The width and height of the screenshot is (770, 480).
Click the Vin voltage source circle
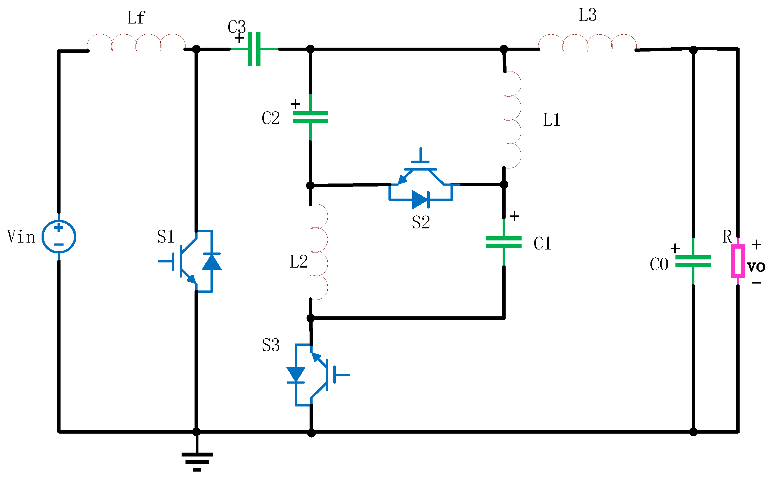(59, 237)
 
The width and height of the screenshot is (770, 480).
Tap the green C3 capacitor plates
(254, 49)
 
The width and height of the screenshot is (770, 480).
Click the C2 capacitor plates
(310, 117)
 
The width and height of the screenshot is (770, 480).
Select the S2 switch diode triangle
(419, 200)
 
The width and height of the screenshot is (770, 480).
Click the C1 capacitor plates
(503, 242)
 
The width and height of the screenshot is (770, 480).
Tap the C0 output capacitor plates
(693, 261)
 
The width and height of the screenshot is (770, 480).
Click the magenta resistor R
(738, 261)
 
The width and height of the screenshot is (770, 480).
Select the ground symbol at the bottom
(197, 462)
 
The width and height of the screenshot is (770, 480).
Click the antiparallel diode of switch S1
(212, 262)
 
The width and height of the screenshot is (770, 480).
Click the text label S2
(421, 222)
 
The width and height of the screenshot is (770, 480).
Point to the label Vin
(21, 237)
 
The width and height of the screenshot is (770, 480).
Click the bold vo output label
(756, 266)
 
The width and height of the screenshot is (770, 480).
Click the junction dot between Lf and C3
(196, 49)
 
